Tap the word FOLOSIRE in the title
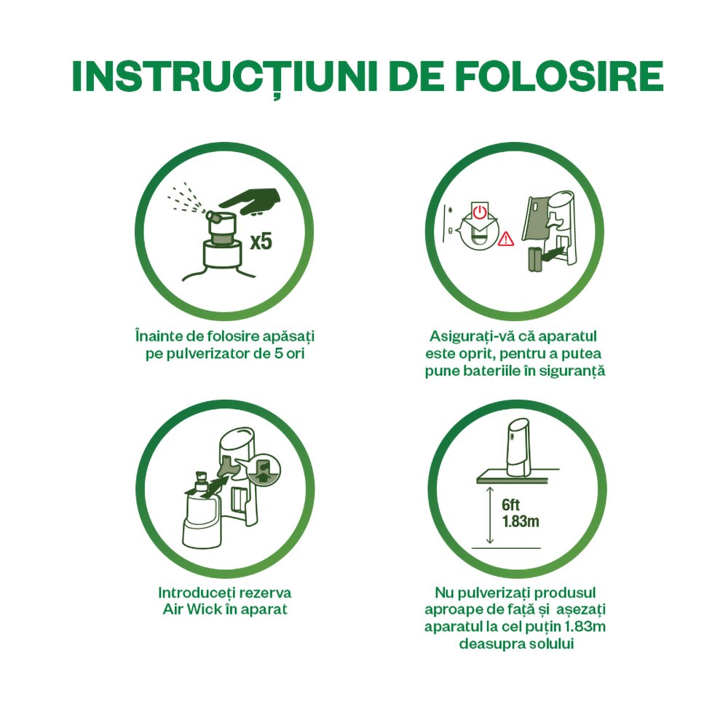559,76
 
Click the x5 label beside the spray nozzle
261,242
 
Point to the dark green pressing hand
250,201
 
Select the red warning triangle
506,239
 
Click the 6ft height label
511,505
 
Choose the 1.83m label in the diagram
521,521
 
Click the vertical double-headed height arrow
489,515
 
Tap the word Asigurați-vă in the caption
467,336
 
